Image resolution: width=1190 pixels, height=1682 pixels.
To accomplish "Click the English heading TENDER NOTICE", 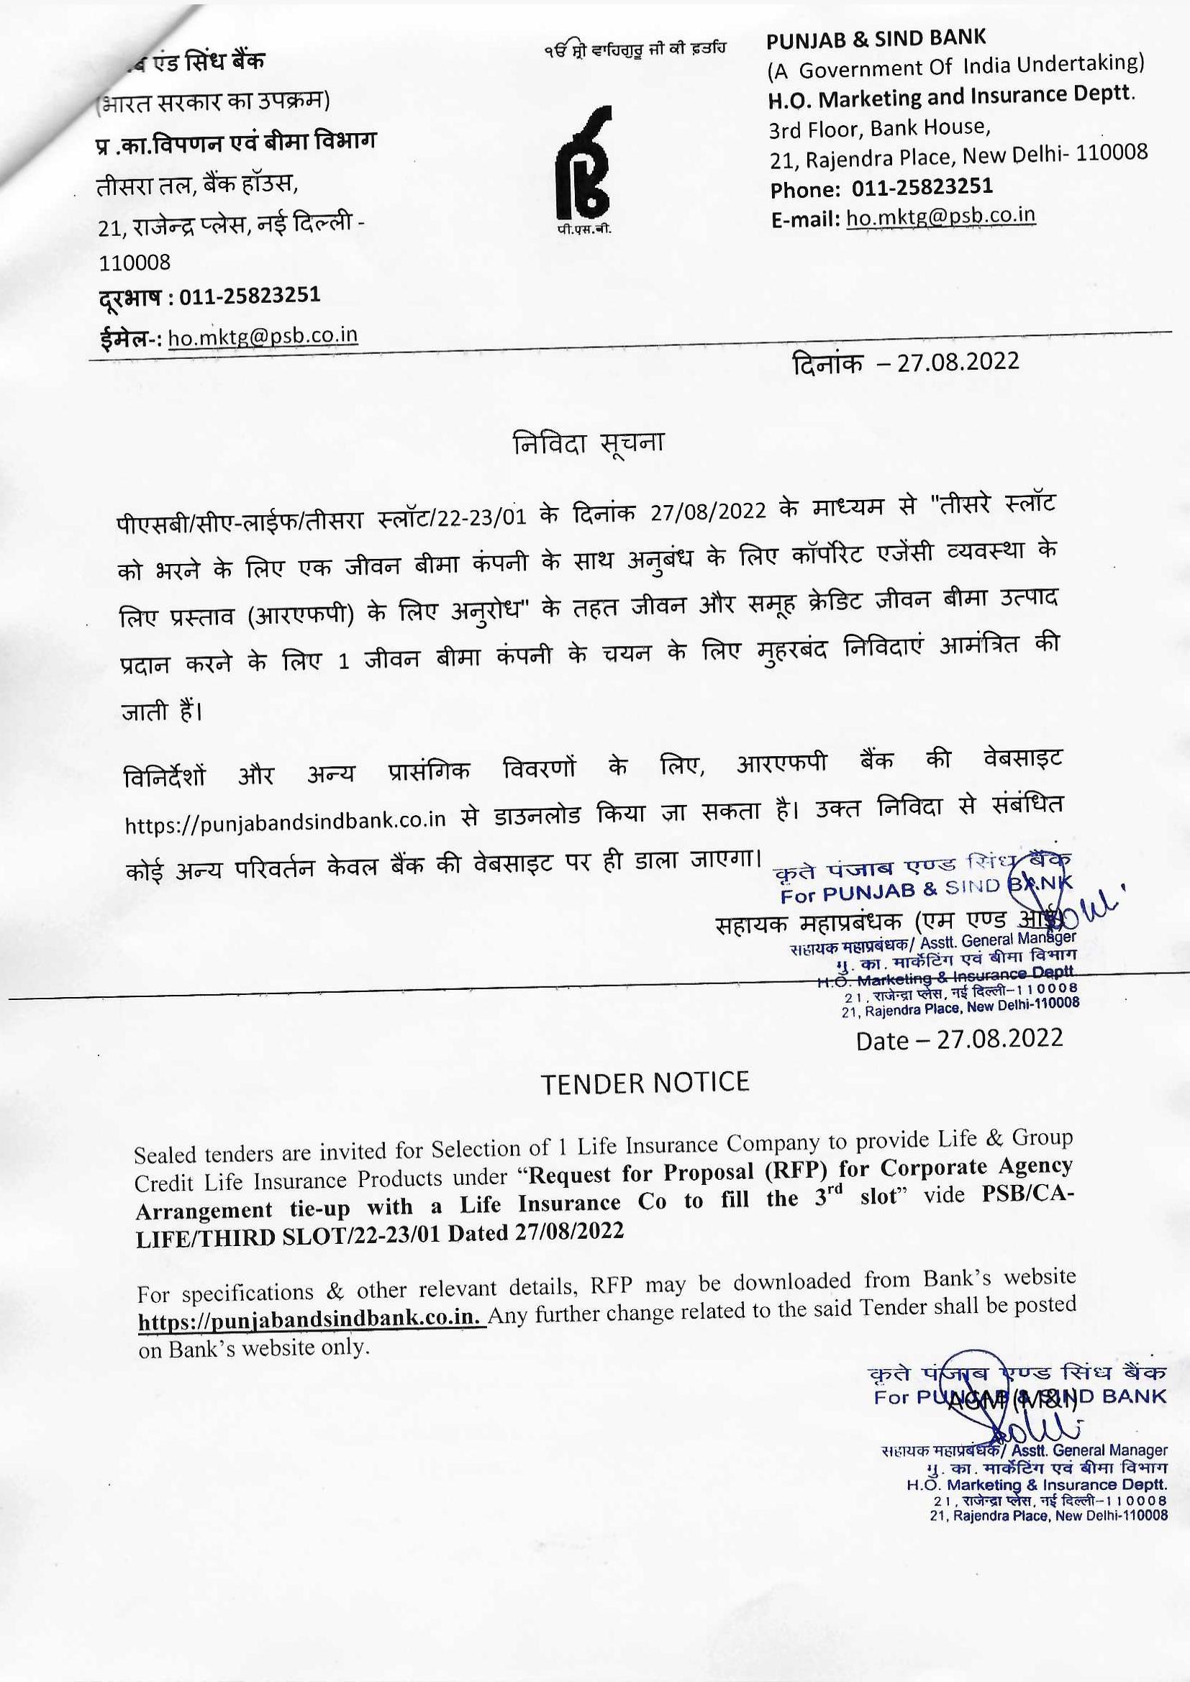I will (x=645, y=1083).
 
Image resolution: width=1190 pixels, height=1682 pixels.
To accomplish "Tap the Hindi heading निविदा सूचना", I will (x=589, y=443).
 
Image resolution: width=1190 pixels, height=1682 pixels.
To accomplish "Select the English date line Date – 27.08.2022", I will (x=959, y=1040).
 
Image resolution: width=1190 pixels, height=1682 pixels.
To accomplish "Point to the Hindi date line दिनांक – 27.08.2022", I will (x=906, y=362).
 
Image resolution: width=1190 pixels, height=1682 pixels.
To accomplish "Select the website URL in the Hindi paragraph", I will (x=286, y=820).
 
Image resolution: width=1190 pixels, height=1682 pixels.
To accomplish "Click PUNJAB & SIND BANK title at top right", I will (x=876, y=40).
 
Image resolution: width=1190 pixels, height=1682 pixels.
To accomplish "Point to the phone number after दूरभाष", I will (x=250, y=296).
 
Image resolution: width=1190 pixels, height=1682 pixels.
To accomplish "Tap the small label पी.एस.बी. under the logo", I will (x=583, y=230).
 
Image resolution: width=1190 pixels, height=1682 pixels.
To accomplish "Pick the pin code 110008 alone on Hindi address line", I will (x=135, y=262).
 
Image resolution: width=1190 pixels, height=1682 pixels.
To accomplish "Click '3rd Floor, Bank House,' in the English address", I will (x=879, y=129).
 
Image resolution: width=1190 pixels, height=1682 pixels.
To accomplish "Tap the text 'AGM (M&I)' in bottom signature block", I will (x=1013, y=1401).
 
